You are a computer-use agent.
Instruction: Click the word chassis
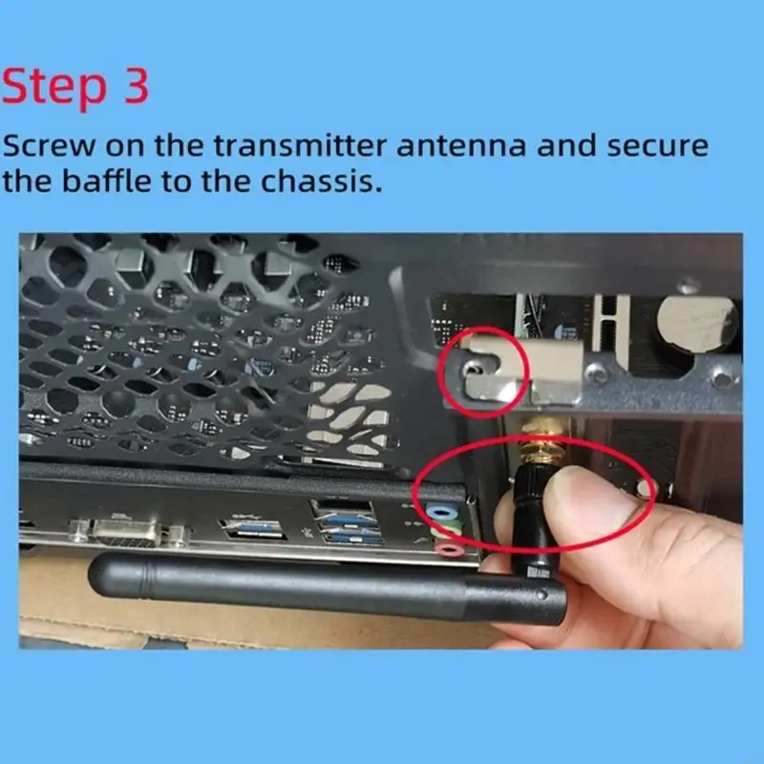318,180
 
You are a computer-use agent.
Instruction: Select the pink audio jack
444,548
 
